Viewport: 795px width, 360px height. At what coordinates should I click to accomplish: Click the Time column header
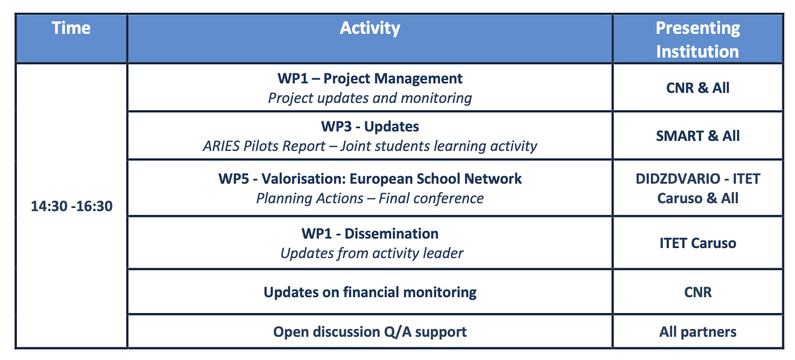tap(71, 27)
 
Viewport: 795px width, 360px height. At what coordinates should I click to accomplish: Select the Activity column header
tap(370, 28)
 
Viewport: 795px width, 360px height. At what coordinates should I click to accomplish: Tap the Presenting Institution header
tap(698, 40)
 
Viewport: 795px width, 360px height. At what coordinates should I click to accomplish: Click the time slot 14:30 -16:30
tap(72, 206)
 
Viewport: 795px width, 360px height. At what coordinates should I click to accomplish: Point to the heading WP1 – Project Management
tap(370, 79)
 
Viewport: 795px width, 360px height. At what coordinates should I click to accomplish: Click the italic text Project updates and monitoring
tap(370, 98)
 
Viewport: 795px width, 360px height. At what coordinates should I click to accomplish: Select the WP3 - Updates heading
tap(370, 126)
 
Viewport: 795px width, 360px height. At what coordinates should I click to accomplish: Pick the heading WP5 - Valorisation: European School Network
tap(370, 178)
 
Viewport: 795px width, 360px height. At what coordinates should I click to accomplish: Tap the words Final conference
tap(431, 198)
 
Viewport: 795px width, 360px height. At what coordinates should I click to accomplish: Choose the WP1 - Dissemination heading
tap(370, 234)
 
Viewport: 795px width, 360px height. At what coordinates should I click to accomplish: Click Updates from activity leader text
tap(372, 253)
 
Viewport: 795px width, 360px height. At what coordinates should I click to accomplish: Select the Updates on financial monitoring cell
tap(370, 292)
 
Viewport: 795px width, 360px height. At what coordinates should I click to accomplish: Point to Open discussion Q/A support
tap(370, 332)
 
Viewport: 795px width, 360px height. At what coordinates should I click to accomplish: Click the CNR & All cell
tap(698, 88)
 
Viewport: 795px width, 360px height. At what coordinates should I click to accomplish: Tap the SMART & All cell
tap(698, 136)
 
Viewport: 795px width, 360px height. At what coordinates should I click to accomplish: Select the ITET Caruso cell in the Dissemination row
tap(698, 243)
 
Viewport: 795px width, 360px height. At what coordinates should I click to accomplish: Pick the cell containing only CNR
tap(698, 292)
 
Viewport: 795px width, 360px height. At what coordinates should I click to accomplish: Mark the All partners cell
tap(698, 332)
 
